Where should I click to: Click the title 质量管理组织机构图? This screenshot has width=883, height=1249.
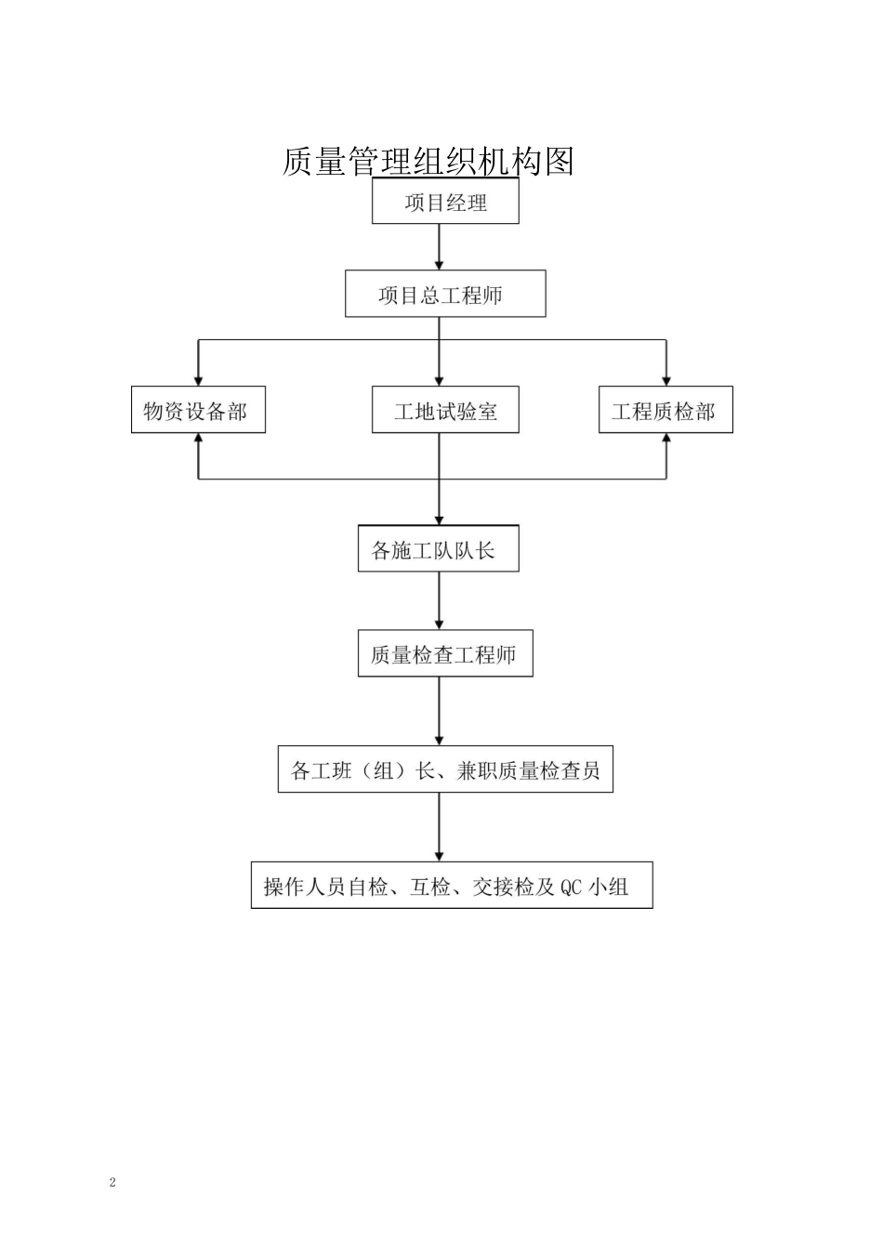(428, 162)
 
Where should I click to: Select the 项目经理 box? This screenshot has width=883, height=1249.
(445, 202)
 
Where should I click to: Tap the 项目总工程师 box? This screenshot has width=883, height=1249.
(445, 295)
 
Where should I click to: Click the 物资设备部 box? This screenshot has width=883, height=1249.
(198, 411)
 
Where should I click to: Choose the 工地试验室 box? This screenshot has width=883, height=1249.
(445, 411)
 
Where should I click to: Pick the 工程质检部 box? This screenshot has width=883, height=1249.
(666, 411)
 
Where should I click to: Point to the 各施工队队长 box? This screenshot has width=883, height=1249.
(438, 550)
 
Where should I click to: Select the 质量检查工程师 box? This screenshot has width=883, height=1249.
(445, 654)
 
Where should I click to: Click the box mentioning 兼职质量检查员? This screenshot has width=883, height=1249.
(445, 770)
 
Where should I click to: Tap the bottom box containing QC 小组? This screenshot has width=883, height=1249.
(452, 886)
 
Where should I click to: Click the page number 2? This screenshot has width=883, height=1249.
(113, 1182)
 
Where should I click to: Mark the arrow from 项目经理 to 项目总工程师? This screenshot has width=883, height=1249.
(440, 247)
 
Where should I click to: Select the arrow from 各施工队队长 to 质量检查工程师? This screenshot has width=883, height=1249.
(440, 600)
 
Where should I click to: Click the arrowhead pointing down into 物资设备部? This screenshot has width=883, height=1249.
(198, 379)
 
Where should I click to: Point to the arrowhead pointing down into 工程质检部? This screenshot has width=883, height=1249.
(666, 379)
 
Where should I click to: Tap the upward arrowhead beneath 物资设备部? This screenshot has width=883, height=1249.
(198, 440)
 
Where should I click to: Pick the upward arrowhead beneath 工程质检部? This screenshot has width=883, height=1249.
(666, 440)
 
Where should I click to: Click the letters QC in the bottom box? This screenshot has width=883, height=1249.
(571, 887)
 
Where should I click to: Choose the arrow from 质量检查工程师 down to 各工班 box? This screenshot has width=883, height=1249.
(440, 711)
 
